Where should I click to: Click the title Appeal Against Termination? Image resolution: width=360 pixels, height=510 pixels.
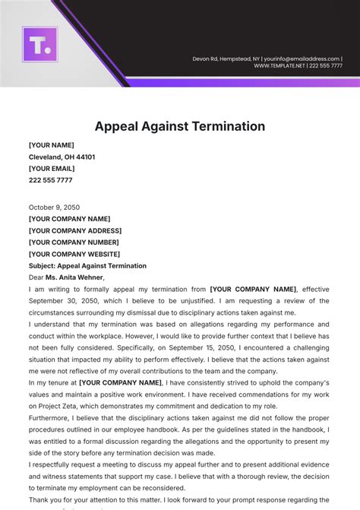pyautogui.click(x=179, y=126)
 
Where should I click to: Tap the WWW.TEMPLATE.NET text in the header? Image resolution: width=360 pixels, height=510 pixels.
pyautogui.click(x=279, y=66)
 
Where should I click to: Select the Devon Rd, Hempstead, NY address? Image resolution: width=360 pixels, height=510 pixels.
pyautogui.click(x=226, y=59)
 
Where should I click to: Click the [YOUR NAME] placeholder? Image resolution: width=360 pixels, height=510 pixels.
pyautogui.click(x=51, y=145)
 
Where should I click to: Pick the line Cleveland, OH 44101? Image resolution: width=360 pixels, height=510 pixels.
pyautogui.click(x=62, y=157)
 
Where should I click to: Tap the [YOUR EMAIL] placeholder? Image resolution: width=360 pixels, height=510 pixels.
pyautogui.click(x=52, y=169)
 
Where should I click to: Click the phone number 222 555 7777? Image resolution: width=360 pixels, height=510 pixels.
pyautogui.click(x=50, y=180)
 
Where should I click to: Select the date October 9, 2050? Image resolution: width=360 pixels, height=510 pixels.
pyautogui.click(x=54, y=207)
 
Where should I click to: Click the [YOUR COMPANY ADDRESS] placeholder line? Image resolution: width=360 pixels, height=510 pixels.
pyautogui.click(x=74, y=230)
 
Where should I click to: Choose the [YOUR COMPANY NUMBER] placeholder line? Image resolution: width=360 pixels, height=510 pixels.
pyautogui.click(x=74, y=242)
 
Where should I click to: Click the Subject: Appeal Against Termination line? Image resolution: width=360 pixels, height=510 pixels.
pyautogui.click(x=87, y=266)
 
